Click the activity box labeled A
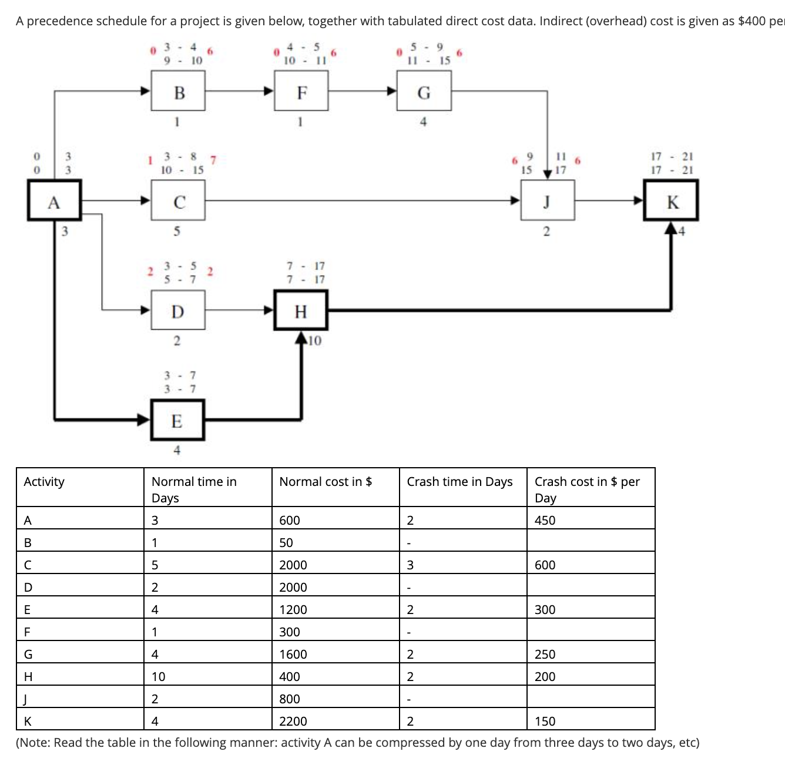point(54,201)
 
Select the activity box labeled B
point(178,91)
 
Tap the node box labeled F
point(301,91)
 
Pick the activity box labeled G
point(424,91)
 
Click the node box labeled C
point(178,201)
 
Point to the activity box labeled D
point(178,310)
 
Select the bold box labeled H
point(301,310)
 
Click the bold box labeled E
point(177,420)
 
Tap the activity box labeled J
point(547,201)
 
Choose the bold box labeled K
point(671,201)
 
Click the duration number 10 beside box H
point(315,341)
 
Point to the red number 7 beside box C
point(213,159)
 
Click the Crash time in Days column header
point(459,482)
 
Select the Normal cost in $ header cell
point(326,482)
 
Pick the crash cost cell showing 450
point(545,520)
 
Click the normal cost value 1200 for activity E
point(293,609)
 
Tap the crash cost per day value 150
point(545,721)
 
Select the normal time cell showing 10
point(159,676)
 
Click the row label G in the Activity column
point(28,654)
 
